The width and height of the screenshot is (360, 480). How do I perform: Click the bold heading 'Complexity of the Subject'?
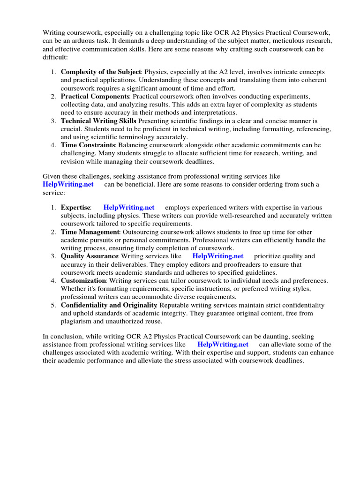[x=101, y=72]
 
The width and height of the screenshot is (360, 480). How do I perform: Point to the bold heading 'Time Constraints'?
[x=88, y=145]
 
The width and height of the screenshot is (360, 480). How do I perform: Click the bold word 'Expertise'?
[x=75, y=207]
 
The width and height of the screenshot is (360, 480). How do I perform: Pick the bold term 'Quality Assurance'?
[x=90, y=256]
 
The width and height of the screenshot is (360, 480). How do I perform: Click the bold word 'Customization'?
[x=83, y=281]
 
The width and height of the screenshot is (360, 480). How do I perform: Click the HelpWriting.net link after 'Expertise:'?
[x=128, y=207]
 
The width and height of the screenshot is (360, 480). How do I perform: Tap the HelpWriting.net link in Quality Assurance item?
[x=218, y=256]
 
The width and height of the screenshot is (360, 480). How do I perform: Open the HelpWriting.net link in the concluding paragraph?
[x=223, y=345]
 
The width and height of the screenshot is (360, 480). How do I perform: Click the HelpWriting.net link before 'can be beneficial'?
[x=68, y=184]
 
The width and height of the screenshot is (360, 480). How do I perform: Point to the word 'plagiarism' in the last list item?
[x=78, y=321]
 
